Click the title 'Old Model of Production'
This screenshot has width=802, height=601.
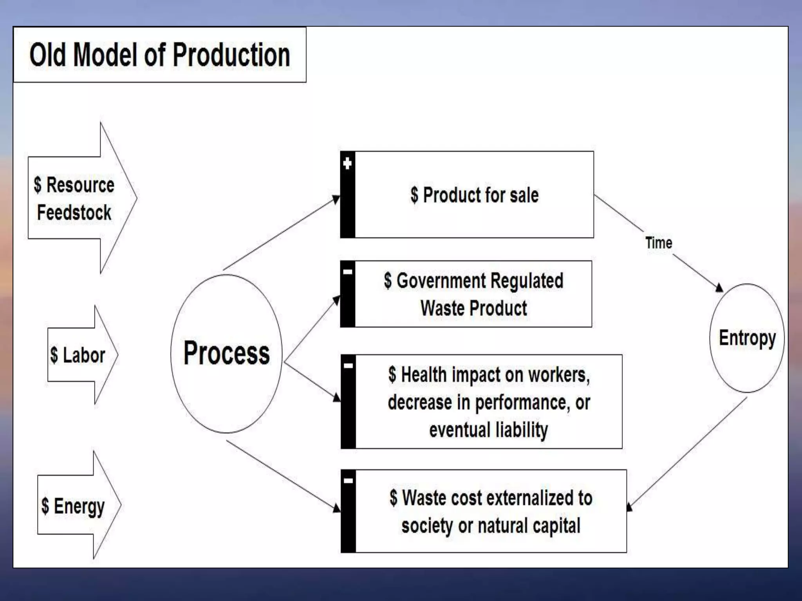pyautogui.click(x=160, y=55)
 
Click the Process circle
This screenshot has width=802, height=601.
pyautogui.click(x=226, y=353)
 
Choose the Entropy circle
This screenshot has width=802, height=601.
pyautogui.click(x=747, y=338)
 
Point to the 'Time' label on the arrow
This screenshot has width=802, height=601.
pyautogui.click(x=659, y=243)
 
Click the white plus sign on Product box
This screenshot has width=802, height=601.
pyautogui.click(x=347, y=163)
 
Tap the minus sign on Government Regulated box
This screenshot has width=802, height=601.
pyautogui.click(x=347, y=272)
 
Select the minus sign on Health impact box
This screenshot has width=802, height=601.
pyautogui.click(x=348, y=366)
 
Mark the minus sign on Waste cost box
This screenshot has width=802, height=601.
pyautogui.click(x=348, y=480)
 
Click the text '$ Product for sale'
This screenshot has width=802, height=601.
pyautogui.click(x=474, y=195)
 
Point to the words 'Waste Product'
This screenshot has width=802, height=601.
pyautogui.click(x=473, y=308)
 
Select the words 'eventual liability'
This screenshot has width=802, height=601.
pyautogui.click(x=488, y=430)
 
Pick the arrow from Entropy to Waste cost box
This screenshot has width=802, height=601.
pyautogui.click(x=687, y=454)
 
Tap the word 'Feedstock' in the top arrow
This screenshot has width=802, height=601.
pyautogui.click(x=74, y=212)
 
